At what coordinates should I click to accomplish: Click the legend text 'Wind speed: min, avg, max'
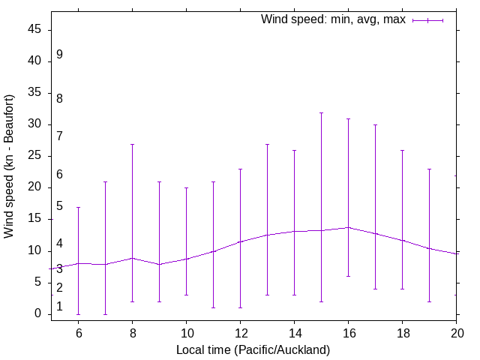(x=333, y=19)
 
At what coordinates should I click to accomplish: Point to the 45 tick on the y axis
(x=51, y=30)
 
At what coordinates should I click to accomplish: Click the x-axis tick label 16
(x=348, y=333)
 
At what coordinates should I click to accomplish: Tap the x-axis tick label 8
(x=132, y=333)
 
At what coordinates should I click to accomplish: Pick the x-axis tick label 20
(x=456, y=333)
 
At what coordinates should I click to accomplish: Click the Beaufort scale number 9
(x=59, y=55)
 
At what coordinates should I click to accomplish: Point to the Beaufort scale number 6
(x=59, y=175)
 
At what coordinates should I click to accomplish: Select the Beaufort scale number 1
(x=59, y=307)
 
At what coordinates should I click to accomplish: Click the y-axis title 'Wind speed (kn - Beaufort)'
(x=10, y=166)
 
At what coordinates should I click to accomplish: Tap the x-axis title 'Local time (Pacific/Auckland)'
(x=253, y=350)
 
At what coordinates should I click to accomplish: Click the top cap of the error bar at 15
(x=321, y=112)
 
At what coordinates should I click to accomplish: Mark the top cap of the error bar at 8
(x=132, y=144)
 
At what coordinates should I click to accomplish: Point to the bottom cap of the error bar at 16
(x=348, y=276)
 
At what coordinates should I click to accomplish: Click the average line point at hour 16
(x=348, y=227)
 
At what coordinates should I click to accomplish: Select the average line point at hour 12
(x=240, y=241)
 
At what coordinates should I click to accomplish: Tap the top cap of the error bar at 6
(x=78, y=207)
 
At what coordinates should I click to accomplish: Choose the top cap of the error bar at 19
(x=429, y=169)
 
